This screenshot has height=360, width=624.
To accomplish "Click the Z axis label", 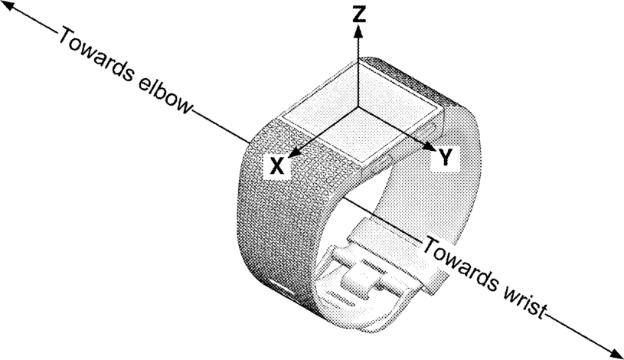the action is click(359, 15).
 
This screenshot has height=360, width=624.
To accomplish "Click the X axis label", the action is click(277, 165).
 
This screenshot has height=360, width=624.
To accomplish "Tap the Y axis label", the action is click(446, 156).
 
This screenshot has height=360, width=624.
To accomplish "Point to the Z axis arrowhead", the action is click(359, 31).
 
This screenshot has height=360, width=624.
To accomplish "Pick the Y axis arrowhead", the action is click(430, 146).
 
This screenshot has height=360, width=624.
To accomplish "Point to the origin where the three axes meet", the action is click(358, 106).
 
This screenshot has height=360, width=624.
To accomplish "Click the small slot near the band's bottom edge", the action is click(280, 287).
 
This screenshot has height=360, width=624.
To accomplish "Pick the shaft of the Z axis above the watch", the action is click(359, 72).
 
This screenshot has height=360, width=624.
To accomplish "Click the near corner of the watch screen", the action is click(363, 162).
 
